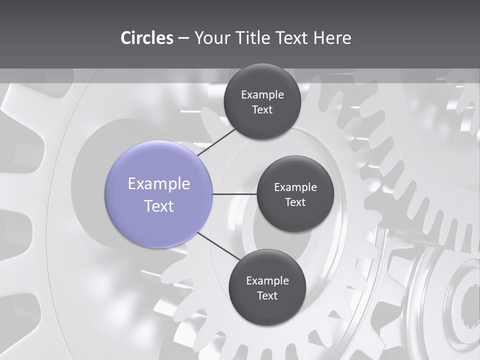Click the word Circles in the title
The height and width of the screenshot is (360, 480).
147,38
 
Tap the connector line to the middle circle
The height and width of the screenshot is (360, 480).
235,194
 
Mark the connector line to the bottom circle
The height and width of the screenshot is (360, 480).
219,246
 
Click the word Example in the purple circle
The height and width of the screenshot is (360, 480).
159,184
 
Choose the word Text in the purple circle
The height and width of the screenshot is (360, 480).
159,206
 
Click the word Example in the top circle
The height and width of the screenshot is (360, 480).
262,95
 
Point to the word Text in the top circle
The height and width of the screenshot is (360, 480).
262,110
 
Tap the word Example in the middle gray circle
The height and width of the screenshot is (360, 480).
295,187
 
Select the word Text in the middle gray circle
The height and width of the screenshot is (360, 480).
295,202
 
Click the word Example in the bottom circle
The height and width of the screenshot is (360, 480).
267,281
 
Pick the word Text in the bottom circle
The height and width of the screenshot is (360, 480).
267,296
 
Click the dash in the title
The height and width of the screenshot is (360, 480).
183,38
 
